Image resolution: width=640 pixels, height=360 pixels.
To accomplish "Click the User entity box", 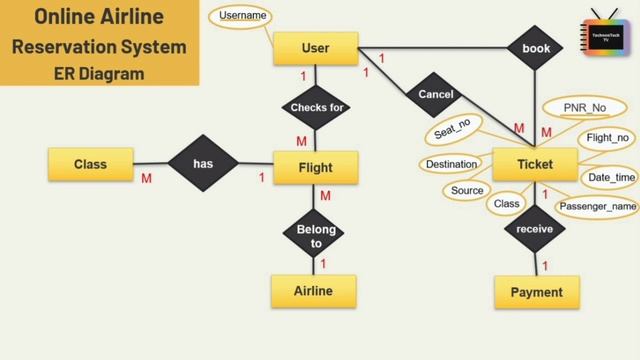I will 315,47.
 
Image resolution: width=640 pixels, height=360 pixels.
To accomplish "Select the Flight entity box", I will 315,167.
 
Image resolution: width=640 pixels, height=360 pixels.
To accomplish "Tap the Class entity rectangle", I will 90,162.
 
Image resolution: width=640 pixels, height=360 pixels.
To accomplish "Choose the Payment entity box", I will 537,292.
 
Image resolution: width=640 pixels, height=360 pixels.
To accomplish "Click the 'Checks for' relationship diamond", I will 315,107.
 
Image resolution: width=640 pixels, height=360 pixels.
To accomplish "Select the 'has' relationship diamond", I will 203,162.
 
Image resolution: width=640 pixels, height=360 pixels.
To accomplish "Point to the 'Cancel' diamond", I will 435,95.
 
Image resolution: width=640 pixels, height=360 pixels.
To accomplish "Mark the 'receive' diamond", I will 535,228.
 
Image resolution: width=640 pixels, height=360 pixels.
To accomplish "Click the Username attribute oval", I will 243,15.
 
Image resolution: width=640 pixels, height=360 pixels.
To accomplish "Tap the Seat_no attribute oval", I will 453,132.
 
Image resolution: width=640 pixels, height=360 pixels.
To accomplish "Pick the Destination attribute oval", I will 451,164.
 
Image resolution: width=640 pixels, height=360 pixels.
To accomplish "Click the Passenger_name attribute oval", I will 596,207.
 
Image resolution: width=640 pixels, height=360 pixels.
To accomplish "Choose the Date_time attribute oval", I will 609,177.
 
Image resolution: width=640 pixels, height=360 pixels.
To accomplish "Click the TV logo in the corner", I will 601,34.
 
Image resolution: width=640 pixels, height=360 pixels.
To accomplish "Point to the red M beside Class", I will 146,179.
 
